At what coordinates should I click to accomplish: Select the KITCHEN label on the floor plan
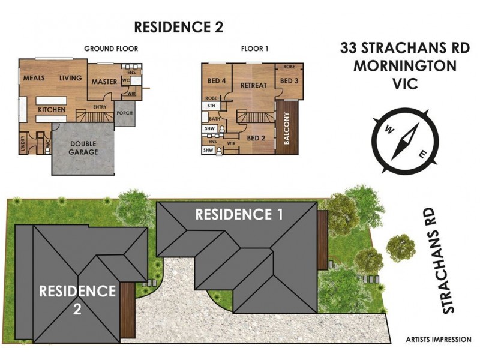[x=52, y=110]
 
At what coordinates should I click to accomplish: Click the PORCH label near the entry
[x=125, y=113]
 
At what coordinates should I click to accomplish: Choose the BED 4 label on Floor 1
[x=216, y=81]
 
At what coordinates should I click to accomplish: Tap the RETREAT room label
[x=253, y=85]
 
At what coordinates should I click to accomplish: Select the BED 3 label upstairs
[x=289, y=81]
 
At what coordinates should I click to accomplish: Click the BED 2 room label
[x=256, y=138]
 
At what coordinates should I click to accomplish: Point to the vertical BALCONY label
[x=287, y=127]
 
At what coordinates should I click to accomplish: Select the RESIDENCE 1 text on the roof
[x=239, y=214]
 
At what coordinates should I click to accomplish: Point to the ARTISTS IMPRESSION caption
[x=437, y=340]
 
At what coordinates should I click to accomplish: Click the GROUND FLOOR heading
[x=111, y=49]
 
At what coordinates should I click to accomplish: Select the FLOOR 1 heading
[x=254, y=49]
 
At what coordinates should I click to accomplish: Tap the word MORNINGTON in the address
[x=396, y=66]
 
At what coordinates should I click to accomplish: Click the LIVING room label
[x=70, y=79]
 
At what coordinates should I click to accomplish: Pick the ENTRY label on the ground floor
[x=100, y=107]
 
